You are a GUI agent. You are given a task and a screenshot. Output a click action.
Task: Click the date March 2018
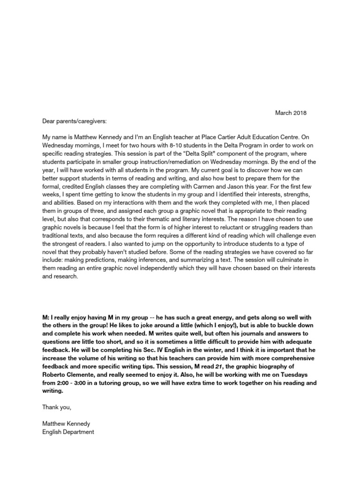pyautogui.click(x=291, y=113)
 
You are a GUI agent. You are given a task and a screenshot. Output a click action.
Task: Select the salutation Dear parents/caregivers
pyautogui.click(x=75, y=122)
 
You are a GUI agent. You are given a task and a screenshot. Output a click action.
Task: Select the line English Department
pyautogui.click(x=68, y=432)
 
